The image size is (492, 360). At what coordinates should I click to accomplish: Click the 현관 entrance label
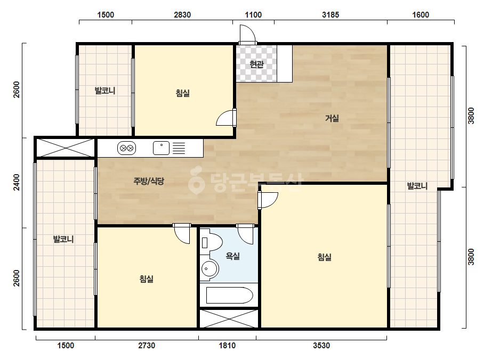tap(256, 64)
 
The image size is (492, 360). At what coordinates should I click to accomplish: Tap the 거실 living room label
tap(332, 118)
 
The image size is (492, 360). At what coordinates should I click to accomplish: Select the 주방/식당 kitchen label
tap(149, 181)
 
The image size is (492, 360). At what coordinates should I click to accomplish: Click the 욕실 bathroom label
tap(232, 256)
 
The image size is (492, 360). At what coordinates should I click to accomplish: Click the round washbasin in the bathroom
tap(209, 269)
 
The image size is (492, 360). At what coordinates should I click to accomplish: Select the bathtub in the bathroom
tap(229, 295)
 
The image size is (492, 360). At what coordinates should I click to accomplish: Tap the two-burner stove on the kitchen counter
tap(126, 148)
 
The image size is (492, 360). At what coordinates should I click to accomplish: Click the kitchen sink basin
tap(162, 148)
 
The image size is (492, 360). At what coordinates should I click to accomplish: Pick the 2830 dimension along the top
tap(182, 15)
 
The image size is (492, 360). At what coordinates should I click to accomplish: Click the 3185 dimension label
tap(330, 15)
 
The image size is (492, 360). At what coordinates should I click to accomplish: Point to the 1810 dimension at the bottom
tap(227, 346)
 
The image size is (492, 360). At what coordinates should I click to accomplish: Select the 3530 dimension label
tap(321, 346)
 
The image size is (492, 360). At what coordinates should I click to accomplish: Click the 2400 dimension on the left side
tap(17, 182)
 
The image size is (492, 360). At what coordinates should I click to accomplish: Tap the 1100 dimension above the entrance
tap(253, 15)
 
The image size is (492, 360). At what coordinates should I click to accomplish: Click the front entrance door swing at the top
tap(247, 34)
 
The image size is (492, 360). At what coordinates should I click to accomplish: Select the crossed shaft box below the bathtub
tap(229, 318)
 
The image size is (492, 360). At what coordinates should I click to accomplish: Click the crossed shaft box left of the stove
tap(65, 148)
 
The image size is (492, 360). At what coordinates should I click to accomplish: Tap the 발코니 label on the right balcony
tap(417, 186)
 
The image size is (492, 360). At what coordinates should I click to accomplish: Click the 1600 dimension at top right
tap(421, 15)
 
